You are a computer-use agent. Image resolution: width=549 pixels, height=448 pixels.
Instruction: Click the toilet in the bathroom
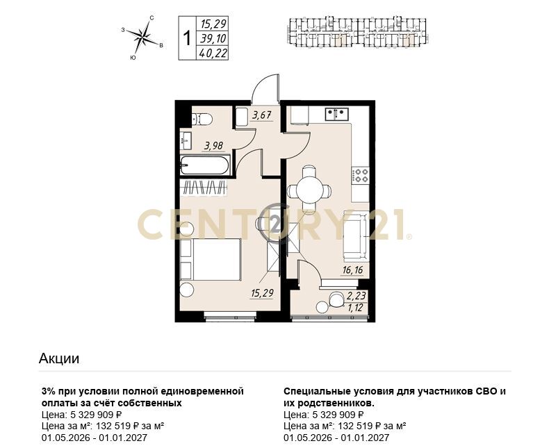point(202,119)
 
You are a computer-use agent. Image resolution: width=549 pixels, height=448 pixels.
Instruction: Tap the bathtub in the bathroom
point(205,165)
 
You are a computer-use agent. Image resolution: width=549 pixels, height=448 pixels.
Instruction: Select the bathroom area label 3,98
point(214,146)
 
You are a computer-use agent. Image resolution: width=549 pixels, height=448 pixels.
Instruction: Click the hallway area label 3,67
point(262,115)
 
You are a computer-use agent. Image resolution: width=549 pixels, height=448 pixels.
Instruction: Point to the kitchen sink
point(336,114)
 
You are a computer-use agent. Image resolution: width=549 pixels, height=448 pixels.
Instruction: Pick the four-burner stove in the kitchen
point(361,175)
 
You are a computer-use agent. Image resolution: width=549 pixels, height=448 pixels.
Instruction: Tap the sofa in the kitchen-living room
point(356,235)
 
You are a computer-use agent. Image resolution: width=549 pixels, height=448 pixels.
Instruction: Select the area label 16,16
point(353,270)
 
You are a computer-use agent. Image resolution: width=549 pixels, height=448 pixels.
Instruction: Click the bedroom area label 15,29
point(262,292)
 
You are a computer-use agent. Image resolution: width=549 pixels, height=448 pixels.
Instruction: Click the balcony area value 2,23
point(356,297)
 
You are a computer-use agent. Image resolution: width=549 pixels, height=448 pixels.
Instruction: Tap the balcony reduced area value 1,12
point(356,307)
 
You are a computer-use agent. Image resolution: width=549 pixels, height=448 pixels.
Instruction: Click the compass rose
point(144,36)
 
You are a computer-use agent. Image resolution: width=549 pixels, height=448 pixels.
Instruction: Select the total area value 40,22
point(213,53)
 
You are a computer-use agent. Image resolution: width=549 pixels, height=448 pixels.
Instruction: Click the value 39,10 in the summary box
point(213,38)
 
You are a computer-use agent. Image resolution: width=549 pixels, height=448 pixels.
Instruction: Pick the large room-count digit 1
point(188,38)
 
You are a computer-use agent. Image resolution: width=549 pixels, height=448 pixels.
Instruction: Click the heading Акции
point(59,358)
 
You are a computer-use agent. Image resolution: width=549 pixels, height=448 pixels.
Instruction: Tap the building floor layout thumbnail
point(357,31)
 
